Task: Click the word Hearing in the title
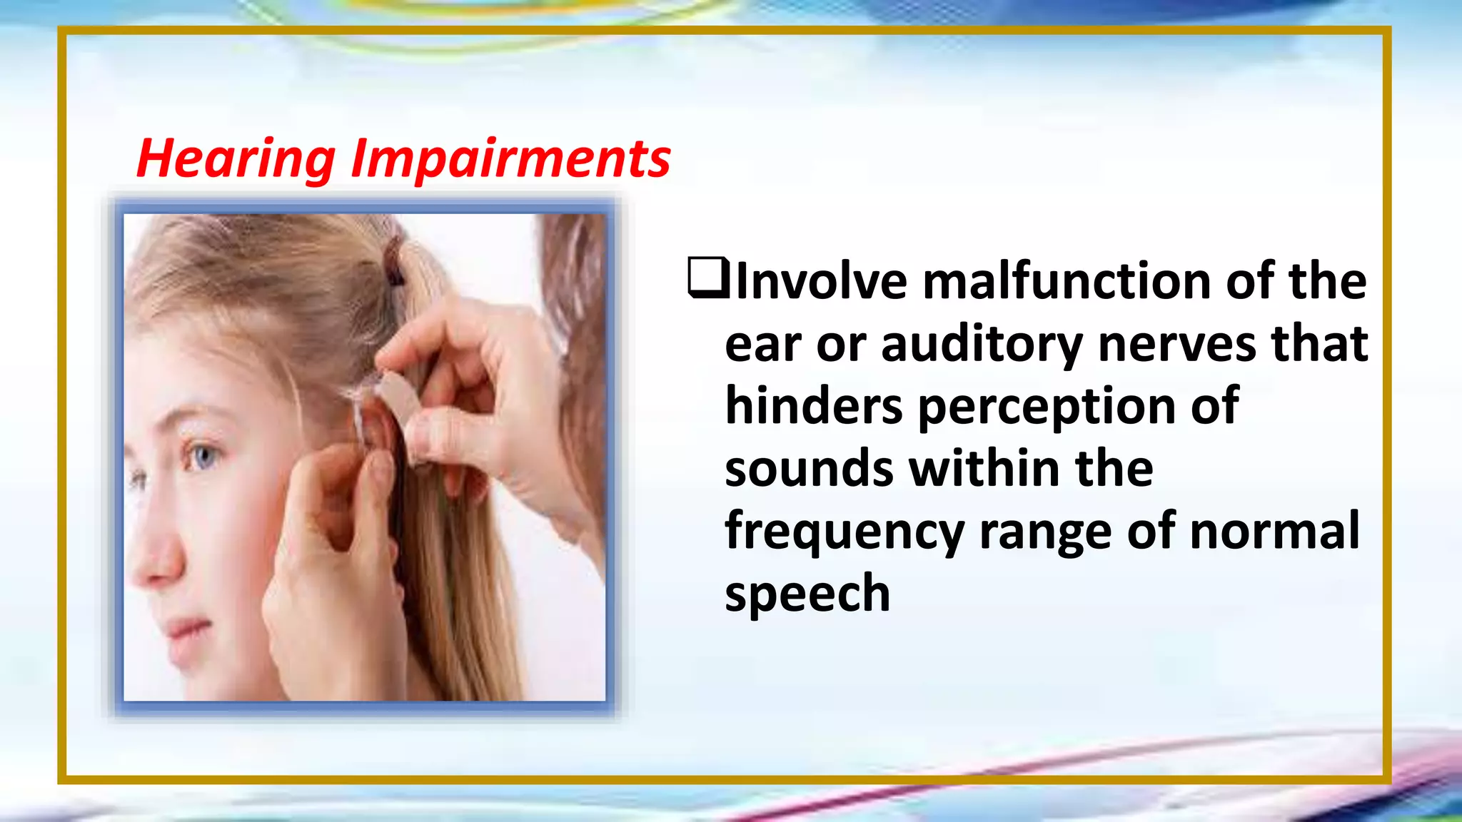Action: [x=236, y=158]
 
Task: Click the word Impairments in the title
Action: [x=510, y=158]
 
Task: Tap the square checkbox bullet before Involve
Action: [x=707, y=278]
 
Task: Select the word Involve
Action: [x=821, y=281]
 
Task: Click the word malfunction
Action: [x=1067, y=281]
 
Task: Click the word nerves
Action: [x=1177, y=345]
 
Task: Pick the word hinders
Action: [x=814, y=406]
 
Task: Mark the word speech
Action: [x=807, y=594]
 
